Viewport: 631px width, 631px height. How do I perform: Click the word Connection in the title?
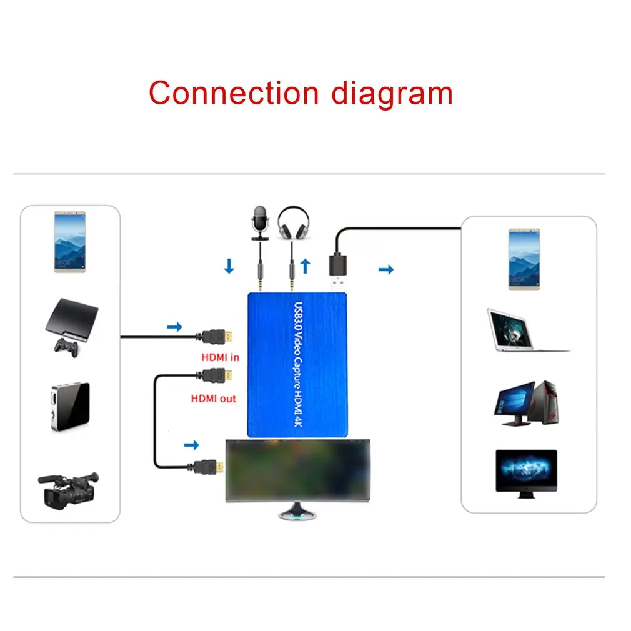pyautogui.click(x=234, y=93)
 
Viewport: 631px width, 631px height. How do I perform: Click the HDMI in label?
pyautogui.click(x=220, y=358)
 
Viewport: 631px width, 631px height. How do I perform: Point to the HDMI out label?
pyautogui.click(x=214, y=398)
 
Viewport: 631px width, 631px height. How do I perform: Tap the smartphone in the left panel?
pyautogui.click(x=69, y=241)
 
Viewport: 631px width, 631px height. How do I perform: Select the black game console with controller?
pyautogui.click(x=71, y=327)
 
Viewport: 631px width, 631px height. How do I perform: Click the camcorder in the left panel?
pyautogui.click(x=69, y=489)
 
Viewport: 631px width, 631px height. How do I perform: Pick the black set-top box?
pyautogui.click(x=69, y=406)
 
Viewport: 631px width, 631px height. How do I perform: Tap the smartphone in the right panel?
pyautogui.click(x=524, y=259)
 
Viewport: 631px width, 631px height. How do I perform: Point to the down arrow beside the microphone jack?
pyautogui.click(x=229, y=267)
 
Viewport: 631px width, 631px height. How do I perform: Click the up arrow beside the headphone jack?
pyautogui.click(x=306, y=267)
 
